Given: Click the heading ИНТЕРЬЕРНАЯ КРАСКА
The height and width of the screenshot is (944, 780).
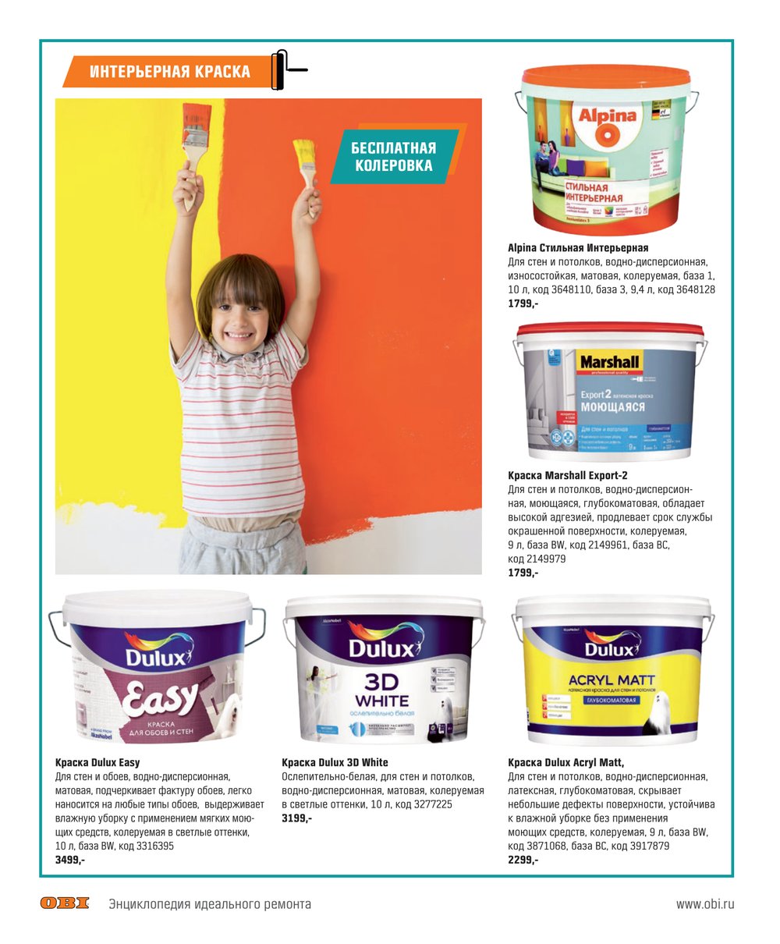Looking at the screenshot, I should coord(169,72).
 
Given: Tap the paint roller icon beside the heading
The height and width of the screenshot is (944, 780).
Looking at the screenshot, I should coord(285,70).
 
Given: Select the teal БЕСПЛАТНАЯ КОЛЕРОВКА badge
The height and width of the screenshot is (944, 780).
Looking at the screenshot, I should coord(393,156).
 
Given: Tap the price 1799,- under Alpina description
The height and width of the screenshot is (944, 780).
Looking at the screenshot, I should coord(523,303).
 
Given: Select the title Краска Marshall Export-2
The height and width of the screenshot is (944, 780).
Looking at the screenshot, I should coord(568,475).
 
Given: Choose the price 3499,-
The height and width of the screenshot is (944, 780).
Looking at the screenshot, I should coord(70,859).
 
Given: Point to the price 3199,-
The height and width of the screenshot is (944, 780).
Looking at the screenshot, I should coord(296,818).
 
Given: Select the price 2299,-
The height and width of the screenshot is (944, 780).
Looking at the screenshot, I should coord(523,859).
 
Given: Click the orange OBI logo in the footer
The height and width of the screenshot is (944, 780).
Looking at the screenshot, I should coord(65,903).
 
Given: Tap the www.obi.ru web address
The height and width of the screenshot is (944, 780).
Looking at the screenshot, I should coord(704,904).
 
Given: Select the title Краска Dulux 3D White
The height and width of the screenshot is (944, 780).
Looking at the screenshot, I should coord(335,762).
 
